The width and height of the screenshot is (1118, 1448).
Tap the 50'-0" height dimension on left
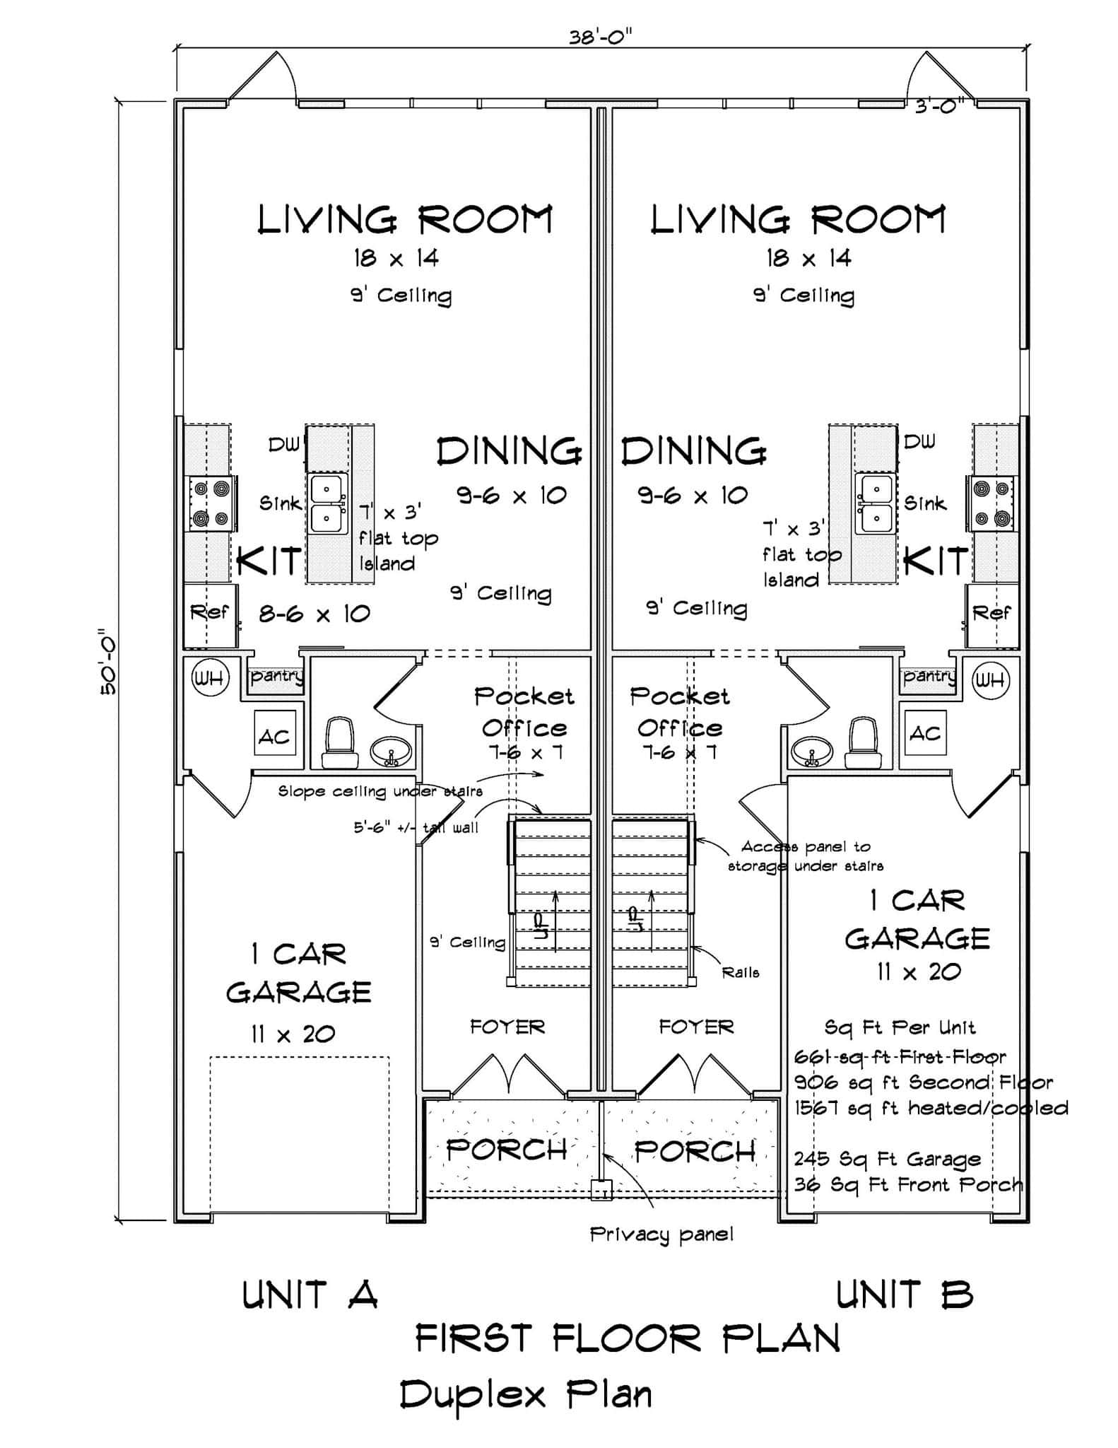tap(109, 662)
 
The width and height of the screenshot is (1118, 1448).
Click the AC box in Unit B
tap(925, 733)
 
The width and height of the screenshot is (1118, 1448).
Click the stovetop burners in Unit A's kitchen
tap(211, 503)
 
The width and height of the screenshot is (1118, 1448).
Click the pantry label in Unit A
tap(276, 676)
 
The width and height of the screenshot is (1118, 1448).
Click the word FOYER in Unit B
tap(696, 1027)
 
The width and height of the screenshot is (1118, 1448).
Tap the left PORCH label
tap(507, 1150)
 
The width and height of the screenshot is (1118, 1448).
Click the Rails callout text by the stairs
tap(740, 973)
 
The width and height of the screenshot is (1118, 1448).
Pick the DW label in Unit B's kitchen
tap(919, 442)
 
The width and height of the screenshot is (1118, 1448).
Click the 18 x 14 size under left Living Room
tap(396, 258)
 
